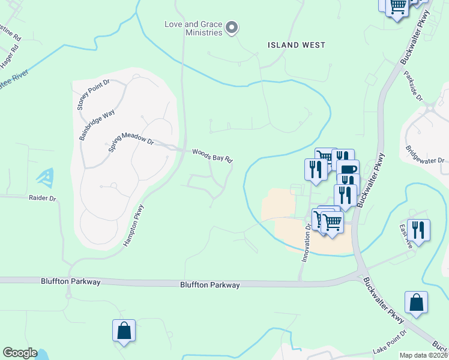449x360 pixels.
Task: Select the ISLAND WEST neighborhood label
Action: pos(297,45)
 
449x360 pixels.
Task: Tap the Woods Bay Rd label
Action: pos(212,155)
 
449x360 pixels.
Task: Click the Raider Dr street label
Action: pos(42,197)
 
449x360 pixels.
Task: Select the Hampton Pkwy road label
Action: pos(134,226)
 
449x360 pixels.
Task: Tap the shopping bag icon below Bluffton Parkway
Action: pos(124,331)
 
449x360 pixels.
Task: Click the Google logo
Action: pos(20,353)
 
